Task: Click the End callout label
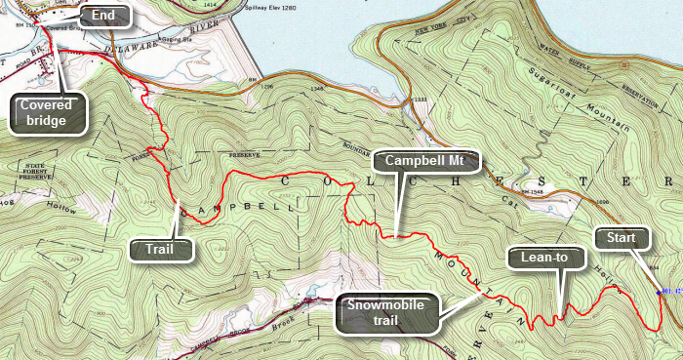(101, 16)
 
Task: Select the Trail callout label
(155, 250)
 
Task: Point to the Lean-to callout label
(544, 258)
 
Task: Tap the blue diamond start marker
(659, 291)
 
